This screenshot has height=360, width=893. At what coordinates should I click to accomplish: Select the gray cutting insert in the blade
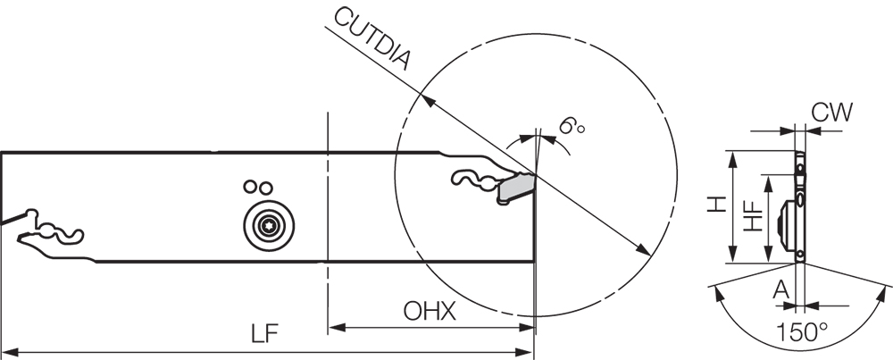pos(516,188)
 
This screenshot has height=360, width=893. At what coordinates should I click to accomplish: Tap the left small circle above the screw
pos(251,187)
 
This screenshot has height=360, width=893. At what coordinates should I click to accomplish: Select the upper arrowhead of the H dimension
pos(733,156)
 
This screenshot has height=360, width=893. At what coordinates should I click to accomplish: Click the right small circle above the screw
pos(265,187)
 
